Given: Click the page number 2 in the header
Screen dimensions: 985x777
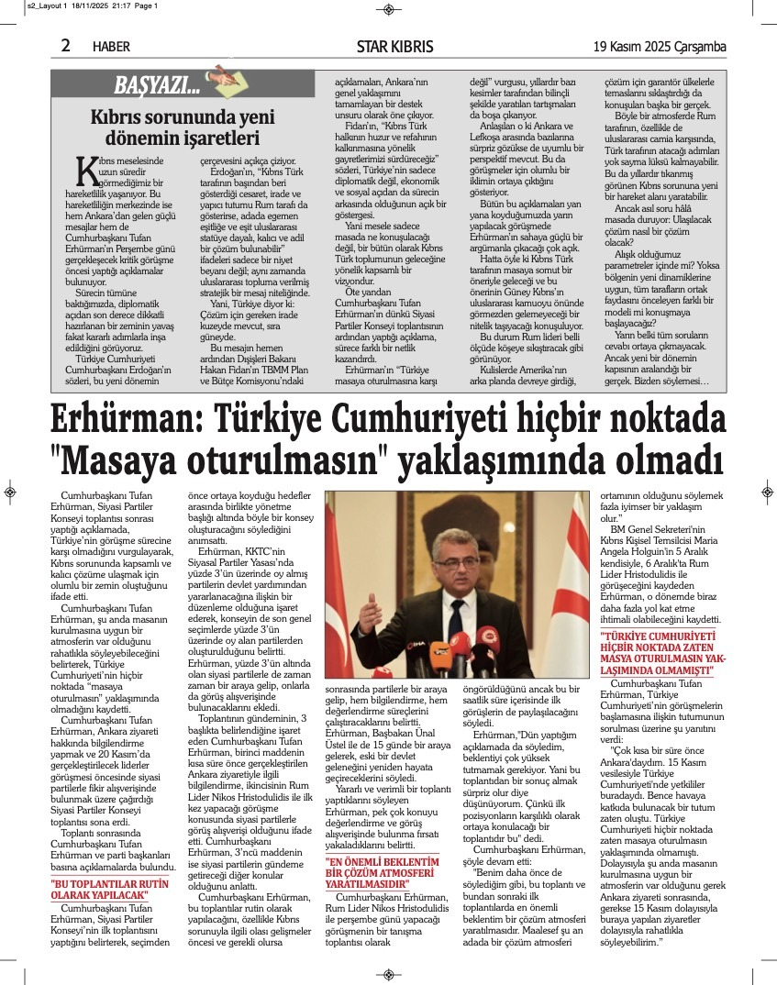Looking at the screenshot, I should [65, 46].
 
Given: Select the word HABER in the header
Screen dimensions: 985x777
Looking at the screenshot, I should [111, 47].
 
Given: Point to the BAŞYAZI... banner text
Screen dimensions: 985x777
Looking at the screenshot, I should [157, 87].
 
